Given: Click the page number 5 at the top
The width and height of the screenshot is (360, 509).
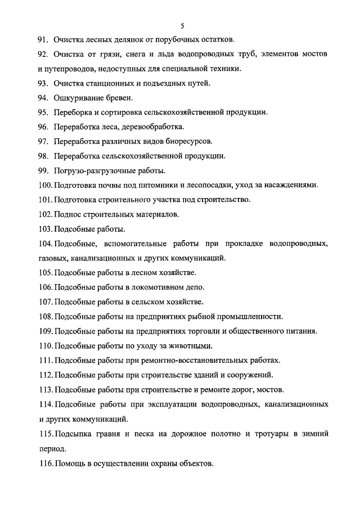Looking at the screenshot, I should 183,25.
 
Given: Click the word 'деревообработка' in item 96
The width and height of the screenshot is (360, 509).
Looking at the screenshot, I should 154,127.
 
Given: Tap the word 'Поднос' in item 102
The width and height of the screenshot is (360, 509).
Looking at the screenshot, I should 66,214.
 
